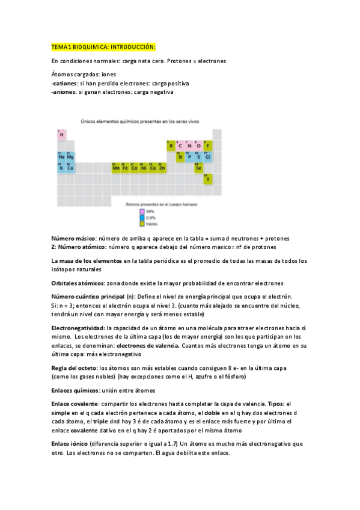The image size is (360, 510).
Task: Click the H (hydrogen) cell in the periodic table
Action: [x=61, y=135]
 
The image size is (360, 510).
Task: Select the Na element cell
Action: [x=61, y=157]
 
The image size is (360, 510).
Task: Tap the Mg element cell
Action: [x=70, y=157]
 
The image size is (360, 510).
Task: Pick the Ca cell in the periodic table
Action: [x=70, y=168]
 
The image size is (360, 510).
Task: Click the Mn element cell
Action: [x=116, y=168]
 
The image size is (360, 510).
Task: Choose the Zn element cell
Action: [x=162, y=168]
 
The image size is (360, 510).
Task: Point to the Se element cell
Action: [x=198, y=168]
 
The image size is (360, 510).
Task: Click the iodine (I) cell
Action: [x=208, y=179]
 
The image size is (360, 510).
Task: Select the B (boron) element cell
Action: [x=171, y=146]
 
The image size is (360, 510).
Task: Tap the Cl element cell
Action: [x=208, y=157]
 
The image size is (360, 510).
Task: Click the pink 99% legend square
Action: [x=142, y=211]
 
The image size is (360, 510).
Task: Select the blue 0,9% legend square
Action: [x=142, y=217]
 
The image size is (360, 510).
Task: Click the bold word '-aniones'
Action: [x=64, y=92]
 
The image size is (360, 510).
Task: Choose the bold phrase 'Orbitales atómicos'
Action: [x=78, y=283]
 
